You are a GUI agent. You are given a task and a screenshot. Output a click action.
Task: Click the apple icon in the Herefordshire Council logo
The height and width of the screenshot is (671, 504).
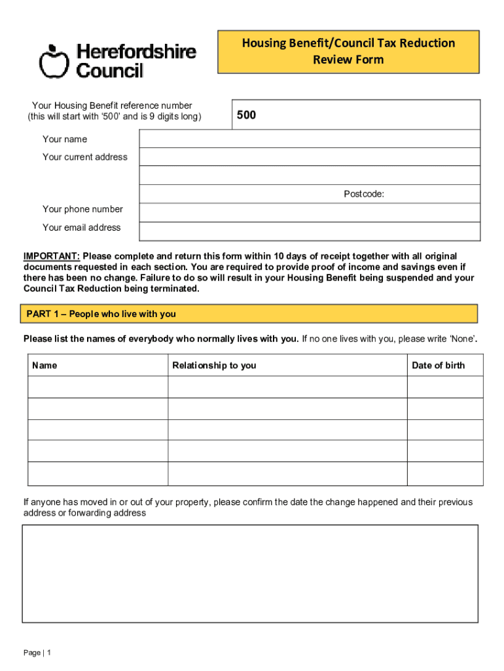pyautogui.click(x=54, y=61)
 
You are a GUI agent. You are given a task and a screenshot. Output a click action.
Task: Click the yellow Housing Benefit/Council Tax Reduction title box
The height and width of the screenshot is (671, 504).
pyautogui.click(x=348, y=51)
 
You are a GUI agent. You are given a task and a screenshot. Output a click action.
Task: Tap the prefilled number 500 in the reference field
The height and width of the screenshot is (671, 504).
pyautogui.click(x=246, y=115)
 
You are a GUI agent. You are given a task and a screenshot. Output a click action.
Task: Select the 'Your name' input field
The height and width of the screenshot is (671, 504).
pyautogui.click(x=309, y=139)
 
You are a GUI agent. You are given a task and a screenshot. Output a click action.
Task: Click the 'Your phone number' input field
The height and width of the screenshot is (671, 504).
pyautogui.click(x=309, y=212)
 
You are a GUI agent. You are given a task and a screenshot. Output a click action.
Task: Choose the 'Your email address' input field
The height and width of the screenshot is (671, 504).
pyautogui.click(x=309, y=231)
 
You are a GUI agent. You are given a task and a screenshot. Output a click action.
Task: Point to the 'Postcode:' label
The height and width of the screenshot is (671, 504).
pyautogui.click(x=364, y=194)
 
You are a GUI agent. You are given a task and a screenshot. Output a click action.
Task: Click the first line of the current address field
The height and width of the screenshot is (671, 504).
pyautogui.click(x=309, y=157)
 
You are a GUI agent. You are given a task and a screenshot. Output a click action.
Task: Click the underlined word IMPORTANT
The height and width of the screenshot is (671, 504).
pyautogui.click(x=52, y=256)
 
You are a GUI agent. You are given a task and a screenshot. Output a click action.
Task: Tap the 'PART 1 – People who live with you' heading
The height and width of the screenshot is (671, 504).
pyautogui.click(x=101, y=314)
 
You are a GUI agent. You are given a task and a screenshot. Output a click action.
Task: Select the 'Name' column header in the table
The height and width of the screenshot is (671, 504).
pyautogui.click(x=45, y=365)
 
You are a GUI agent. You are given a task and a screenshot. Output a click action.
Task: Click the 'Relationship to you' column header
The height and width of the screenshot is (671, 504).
pyautogui.click(x=214, y=365)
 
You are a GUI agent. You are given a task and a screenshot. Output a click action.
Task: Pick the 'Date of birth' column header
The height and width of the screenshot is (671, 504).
pyautogui.click(x=438, y=365)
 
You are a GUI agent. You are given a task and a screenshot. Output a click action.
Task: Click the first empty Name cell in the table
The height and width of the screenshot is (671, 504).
pyautogui.click(x=98, y=387)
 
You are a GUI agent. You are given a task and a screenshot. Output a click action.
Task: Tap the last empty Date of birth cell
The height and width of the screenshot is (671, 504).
pyautogui.click(x=445, y=474)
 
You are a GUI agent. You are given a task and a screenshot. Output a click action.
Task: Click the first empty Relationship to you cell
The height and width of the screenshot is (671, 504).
pyautogui.click(x=287, y=387)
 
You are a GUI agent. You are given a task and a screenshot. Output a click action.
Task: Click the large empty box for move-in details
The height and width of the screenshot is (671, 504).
pyautogui.click(x=250, y=573)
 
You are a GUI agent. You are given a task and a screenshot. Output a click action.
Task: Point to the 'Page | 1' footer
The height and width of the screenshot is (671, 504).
pyautogui.click(x=37, y=653)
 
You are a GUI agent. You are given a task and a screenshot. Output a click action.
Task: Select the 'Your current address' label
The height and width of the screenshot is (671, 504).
pyautogui.click(x=85, y=157)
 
